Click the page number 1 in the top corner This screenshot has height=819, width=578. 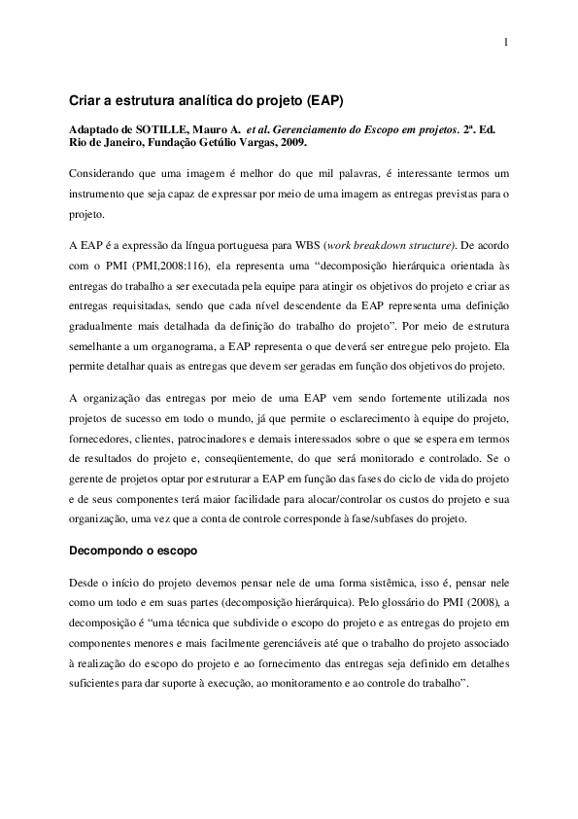[x=506, y=42]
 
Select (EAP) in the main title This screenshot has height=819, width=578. [x=323, y=100]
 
